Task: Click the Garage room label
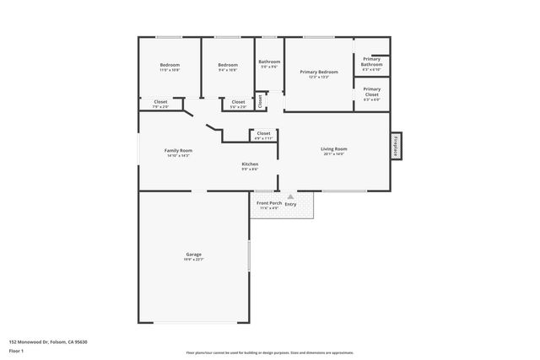point(193,254)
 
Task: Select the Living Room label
point(334,149)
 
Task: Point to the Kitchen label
point(250,164)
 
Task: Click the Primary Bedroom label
point(319,72)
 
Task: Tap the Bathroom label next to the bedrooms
point(269,62)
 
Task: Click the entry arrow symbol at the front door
point(290,196)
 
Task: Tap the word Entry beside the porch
point(291,203)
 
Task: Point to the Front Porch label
point(269,203)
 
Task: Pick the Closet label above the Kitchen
point(263,133)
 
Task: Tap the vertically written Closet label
point(261,100)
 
